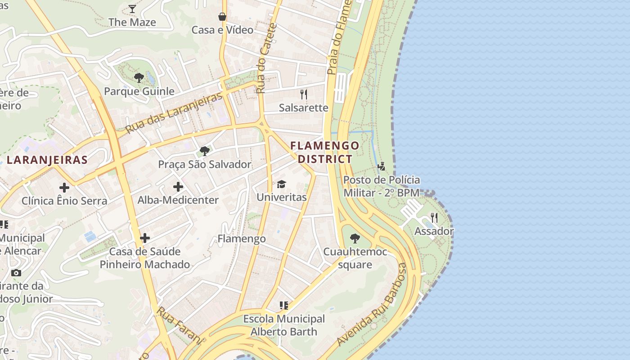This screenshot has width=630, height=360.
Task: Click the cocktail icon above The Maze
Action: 132,9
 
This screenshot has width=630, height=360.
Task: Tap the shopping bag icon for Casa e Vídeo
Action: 222,17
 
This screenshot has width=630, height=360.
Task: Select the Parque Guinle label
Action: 139,91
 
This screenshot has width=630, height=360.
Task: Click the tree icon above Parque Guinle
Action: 139,78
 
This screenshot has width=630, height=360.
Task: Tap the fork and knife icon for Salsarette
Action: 304,94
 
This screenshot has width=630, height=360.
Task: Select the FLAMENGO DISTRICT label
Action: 325,152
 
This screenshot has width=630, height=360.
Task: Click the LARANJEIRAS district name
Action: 47,160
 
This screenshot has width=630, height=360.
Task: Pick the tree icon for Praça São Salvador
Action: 205,151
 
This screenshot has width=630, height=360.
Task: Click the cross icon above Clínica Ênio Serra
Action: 64,187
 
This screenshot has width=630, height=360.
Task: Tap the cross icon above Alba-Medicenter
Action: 178,186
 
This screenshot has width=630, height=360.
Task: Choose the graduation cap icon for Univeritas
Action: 282,184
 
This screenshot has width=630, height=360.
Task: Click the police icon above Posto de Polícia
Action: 382,166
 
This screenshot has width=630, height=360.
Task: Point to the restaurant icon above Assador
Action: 434,218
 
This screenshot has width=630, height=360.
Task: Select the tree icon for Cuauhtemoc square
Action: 355,238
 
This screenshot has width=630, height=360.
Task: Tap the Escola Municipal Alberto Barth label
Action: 284,325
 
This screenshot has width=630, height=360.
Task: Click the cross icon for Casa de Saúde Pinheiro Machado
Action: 145,238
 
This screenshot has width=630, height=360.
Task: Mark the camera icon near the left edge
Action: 16,273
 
